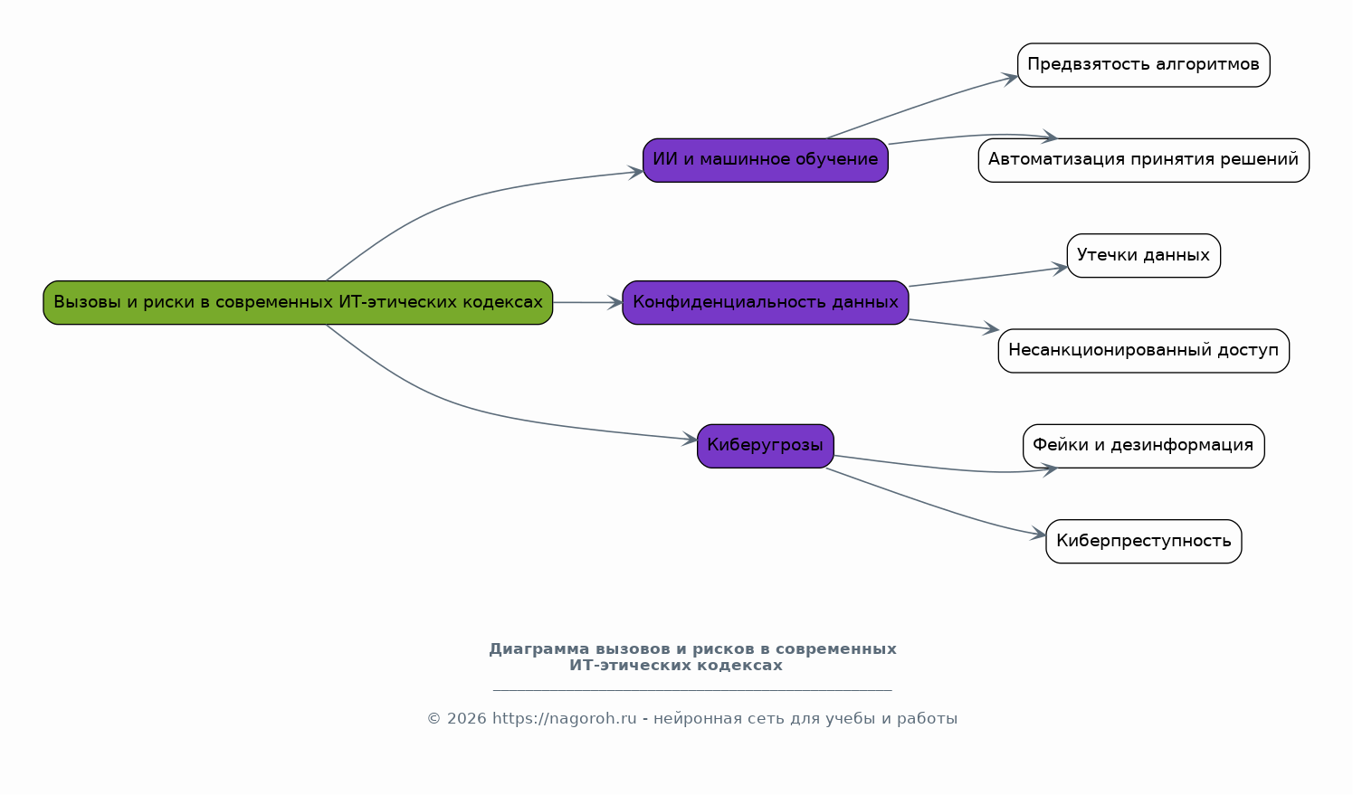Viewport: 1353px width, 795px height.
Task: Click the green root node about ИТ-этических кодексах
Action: (298, 302)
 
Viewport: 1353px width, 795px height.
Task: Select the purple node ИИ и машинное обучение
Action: (765, 160)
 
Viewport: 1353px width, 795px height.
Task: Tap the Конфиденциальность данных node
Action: (765, 302)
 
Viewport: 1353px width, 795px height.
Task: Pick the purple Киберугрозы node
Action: (765, 446)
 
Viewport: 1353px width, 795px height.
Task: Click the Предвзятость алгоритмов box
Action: (1143, 65)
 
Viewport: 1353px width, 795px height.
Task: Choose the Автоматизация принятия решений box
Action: (1143, 160)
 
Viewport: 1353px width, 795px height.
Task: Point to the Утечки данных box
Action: (1143, 256)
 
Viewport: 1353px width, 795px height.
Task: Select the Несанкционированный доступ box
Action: (1143, 351)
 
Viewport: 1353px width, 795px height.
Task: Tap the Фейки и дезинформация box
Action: (1143, 446)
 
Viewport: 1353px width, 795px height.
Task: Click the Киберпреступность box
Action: (1143, 541)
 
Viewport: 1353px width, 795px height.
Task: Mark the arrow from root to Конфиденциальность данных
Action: (587, 302)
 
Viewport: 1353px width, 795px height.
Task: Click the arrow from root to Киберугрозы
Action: (471, 410)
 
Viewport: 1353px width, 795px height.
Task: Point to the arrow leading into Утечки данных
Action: (986, 277)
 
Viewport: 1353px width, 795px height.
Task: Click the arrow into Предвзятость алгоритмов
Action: (923, 106)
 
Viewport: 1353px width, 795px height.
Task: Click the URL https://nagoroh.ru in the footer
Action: (564, 719)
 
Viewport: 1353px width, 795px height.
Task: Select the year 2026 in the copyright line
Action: (466, 719)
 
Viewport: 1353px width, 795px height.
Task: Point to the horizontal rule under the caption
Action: (692, 690)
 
